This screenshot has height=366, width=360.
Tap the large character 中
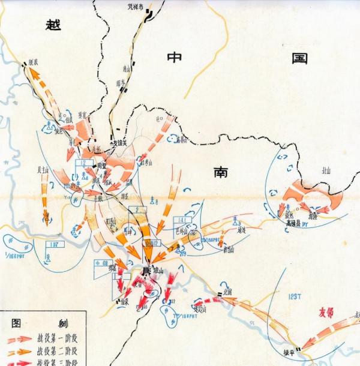click(175, 58)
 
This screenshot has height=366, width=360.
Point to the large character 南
click(220, 172)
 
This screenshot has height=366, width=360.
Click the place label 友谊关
click(123, 144)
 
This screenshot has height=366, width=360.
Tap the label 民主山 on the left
click(43, 170)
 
